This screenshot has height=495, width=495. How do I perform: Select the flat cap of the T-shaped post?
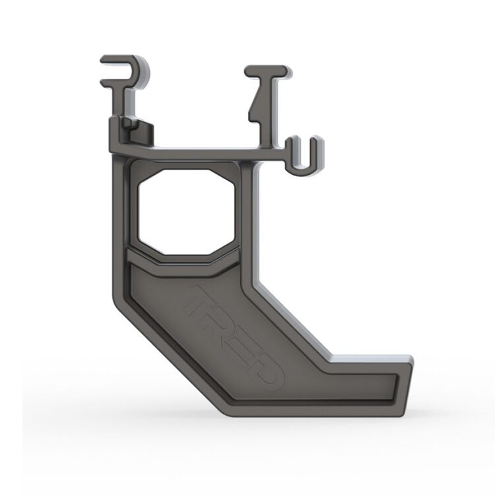267,70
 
